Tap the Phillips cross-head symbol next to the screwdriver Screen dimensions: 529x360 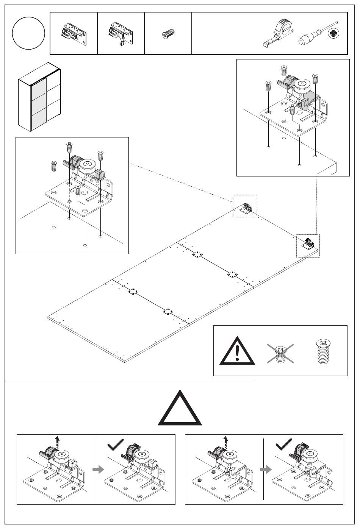[333, 34]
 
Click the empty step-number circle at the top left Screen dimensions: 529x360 [28, 33]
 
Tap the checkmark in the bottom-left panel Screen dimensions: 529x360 [116, 444]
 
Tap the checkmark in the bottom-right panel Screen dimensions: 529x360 [284, 443]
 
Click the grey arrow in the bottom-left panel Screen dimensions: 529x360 [98, 470]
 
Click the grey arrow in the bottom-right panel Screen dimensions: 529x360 [266, 470]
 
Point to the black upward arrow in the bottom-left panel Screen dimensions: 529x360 [57, 441]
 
